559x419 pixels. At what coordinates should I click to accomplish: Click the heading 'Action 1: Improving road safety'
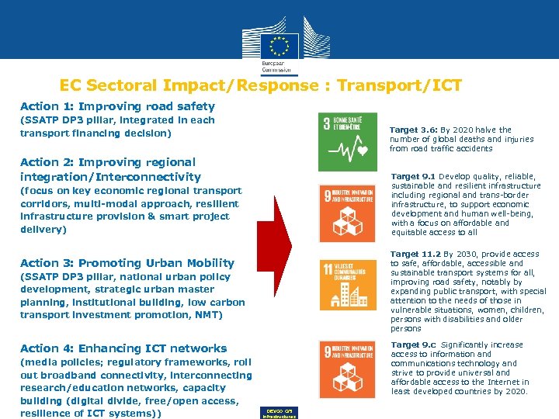[x=117, y=106]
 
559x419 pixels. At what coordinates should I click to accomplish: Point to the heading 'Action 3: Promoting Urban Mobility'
[x=127, y=263]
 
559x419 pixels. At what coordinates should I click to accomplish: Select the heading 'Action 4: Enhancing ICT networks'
[x=123, y=348]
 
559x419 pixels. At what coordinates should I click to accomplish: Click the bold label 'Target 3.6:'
[x=413, y=130]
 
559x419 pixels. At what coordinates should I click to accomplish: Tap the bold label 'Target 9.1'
[x=413, y=177]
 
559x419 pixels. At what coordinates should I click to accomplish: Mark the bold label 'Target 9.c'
[x=413, y=345]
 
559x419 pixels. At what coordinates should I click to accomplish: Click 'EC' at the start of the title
[x=71, y=86]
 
